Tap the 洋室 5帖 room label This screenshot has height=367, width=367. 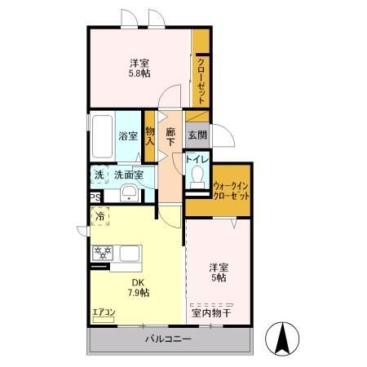click(217, 272)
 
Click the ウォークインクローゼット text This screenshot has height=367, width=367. click(231, 192)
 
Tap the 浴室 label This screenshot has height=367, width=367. click(128, 136)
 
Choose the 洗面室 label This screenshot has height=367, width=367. click(128, 175)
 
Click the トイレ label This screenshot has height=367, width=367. click(197, 161)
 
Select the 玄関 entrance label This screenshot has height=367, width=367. click(197, 135)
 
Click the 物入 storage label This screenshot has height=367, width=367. click(150, 135)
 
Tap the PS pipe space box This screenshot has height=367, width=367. click(95, 197)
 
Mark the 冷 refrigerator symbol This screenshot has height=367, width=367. click(99, 216)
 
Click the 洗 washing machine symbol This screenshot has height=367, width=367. click(99, 175)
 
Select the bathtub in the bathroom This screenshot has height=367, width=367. click(102, 136)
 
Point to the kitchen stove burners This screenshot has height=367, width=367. click(103, 253)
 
